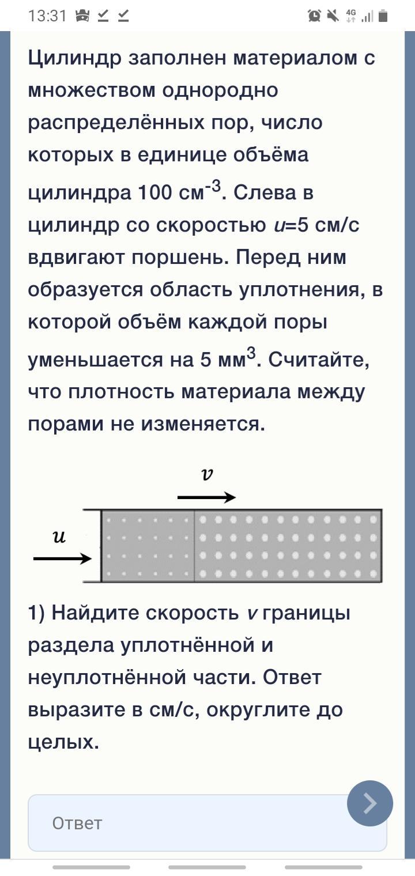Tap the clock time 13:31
pos(48,16)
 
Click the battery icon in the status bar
pos(383,16)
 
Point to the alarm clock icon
pos(314,16)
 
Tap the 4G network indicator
pos(351,16)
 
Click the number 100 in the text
pos(155,192)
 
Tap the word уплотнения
pos(302,289)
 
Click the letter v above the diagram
pos(207,474)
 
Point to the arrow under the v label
pos(206,497)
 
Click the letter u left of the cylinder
pos(59,537)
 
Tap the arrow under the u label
pos(62,558)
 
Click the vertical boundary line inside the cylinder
pos(194,546)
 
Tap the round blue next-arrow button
pos(370,803)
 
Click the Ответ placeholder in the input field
pos(77,824)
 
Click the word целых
pos(63,742)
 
